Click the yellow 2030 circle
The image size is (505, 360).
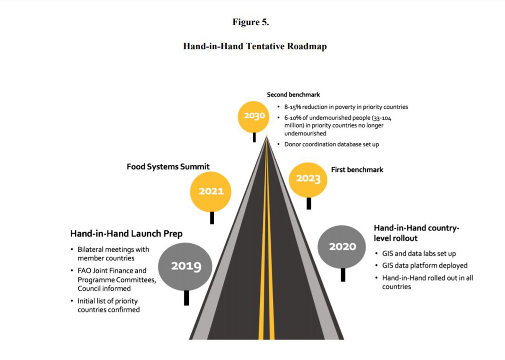(254, 116)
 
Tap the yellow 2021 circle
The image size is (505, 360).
(210, 191)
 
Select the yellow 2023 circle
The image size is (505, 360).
(308, 179)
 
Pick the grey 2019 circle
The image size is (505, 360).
(185, 266)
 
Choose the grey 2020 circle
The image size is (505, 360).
(342, 247)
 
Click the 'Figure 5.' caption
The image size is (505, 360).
(251, 23)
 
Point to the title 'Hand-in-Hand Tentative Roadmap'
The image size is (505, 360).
(255, 46)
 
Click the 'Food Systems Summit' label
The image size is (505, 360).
(168, 167)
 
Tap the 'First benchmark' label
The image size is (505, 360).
(357, 170)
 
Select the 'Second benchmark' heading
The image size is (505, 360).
(293, 95)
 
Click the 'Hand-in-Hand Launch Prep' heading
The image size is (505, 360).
(126, 234)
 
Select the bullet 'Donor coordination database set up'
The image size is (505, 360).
(331, 144)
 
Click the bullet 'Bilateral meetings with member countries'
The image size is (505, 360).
(113, 254)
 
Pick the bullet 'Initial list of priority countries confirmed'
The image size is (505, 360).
(108, 305)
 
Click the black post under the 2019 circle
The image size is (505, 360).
(186, 298)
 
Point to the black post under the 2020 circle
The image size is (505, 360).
(343, 275)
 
